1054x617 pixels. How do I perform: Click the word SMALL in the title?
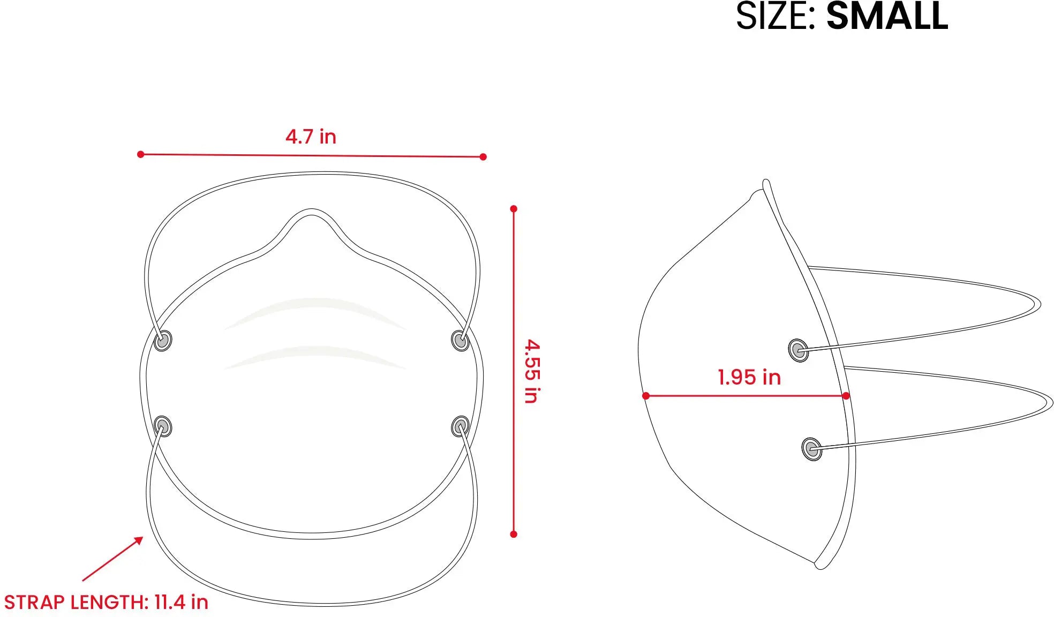(887, 16)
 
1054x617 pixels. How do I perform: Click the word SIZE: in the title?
(776, 16)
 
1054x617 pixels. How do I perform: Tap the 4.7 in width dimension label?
(311, 137)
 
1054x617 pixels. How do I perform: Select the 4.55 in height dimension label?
(532, 371)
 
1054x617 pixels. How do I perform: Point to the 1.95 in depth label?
(749, 377)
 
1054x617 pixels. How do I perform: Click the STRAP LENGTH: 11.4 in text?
(106, 602)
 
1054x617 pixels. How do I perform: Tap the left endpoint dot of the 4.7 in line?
(141, 154)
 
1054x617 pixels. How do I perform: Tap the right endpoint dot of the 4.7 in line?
(483, 157)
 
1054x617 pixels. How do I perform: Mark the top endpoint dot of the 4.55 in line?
(514, 209)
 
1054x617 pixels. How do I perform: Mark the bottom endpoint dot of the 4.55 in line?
(514, 534)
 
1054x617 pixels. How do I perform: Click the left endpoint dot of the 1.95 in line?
(646, 396)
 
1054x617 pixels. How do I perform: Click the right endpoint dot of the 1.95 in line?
(846, 396)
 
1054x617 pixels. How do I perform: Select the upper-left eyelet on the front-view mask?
(163, 341)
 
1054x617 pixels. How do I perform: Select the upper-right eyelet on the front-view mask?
(460, 340)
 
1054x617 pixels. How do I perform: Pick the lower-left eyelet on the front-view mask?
(163, 426)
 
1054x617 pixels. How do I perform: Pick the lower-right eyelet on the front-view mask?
(460, 426)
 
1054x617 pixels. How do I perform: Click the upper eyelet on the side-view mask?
(799, 351)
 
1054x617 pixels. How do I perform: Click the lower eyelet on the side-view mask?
(812, 449)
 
